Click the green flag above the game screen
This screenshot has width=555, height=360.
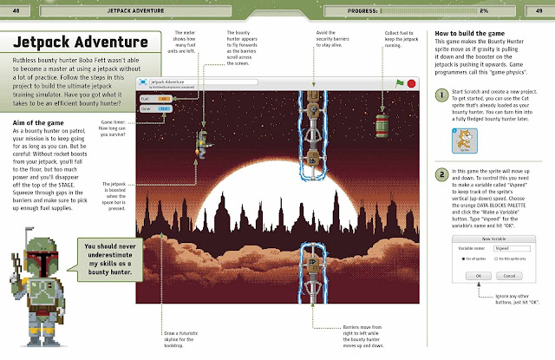401,82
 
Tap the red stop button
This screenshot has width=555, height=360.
409,82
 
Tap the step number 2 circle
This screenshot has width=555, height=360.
442,173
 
